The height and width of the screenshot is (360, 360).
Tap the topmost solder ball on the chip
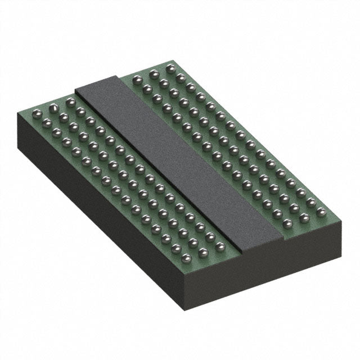(170, 67)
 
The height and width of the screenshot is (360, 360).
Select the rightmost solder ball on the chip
(321, 212)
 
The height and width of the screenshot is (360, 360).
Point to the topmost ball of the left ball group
(70, 102)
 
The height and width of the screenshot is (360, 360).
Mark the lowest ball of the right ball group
(287, 224)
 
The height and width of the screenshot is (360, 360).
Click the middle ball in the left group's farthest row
(53, 106)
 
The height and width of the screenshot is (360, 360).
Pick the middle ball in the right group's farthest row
(154, 73)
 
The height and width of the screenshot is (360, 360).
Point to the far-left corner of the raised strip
(75, 91)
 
